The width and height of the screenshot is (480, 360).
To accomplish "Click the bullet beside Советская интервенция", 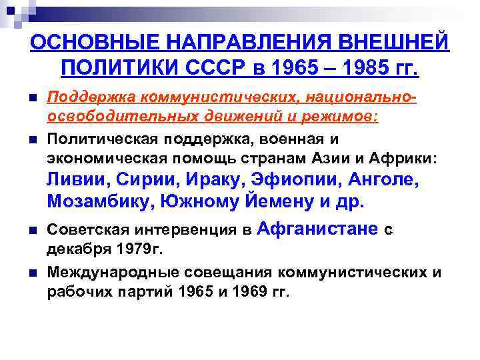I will point(33,231).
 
